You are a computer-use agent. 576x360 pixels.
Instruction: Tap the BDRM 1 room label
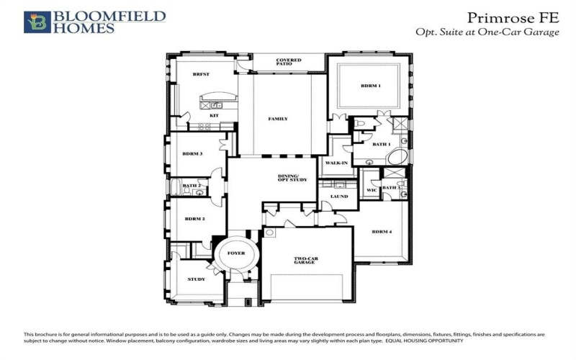(370, 86)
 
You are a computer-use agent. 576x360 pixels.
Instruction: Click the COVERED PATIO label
(289, 63)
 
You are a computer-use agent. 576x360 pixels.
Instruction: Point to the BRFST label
(200, 74)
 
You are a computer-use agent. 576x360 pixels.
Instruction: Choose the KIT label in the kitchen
(214, 115)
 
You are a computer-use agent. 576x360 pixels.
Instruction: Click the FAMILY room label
(278, 119)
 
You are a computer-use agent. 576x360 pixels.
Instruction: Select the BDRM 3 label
(192, 153)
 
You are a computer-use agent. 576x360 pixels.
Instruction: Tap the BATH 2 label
(192, 186)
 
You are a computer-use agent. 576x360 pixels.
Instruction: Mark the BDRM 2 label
(194, 218)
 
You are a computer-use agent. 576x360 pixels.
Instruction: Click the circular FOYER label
(236, 253)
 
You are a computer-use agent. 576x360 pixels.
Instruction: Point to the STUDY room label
(197, 279)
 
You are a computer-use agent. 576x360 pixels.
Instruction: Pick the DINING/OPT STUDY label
(292, 179)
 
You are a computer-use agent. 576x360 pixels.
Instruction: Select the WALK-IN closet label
(336, 163)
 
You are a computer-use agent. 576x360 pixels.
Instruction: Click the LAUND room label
(339, 197)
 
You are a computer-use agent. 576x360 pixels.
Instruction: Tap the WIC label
(372, 190)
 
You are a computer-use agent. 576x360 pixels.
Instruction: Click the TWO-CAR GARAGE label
(305, 260)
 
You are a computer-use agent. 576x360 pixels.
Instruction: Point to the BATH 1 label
(381, 144)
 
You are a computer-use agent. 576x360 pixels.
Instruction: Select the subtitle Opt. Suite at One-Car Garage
(487, 32)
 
